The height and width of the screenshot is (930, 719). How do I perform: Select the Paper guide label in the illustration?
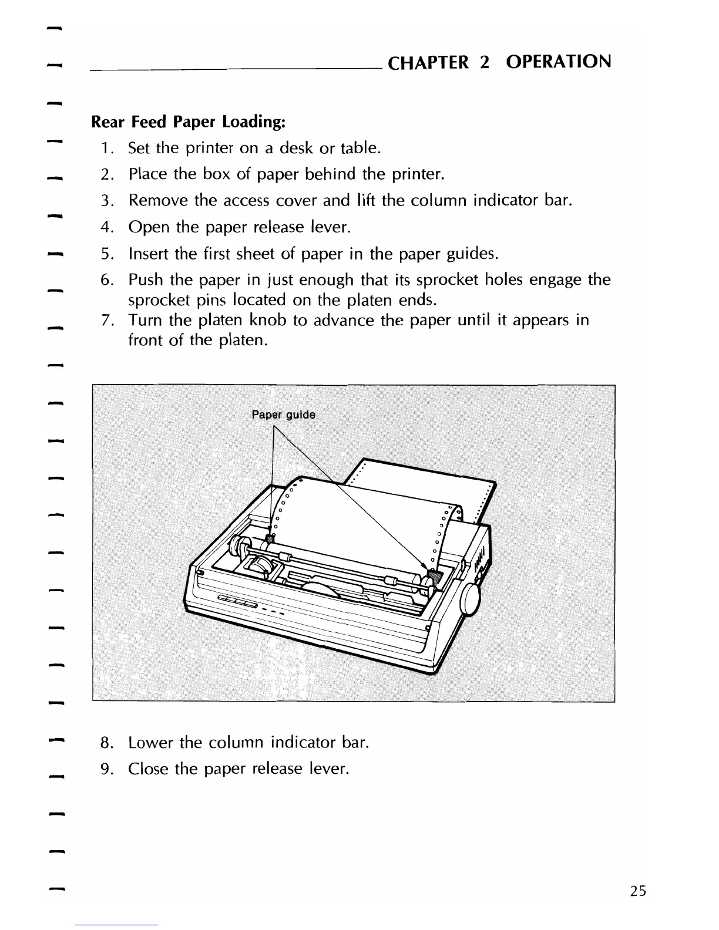point(283,416)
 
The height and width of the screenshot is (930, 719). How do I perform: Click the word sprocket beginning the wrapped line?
point(154,301)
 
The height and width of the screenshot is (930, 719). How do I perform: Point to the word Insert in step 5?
point(149,254)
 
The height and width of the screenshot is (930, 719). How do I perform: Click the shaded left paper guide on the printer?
point(270,538)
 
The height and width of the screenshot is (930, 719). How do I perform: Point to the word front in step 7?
point(146,341)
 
